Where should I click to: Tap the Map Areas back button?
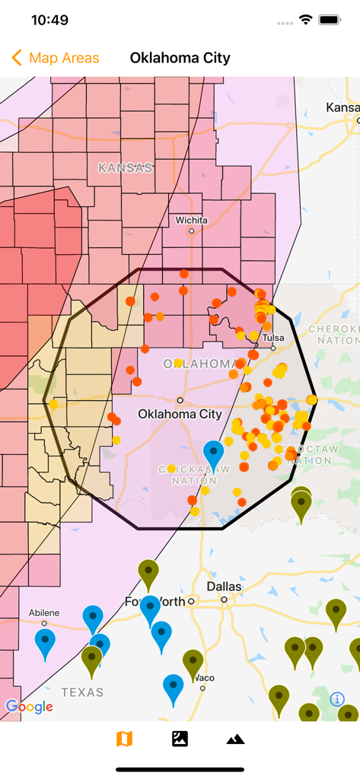[56, 58]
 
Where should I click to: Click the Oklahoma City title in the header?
[180, 58]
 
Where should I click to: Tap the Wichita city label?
[191, 221]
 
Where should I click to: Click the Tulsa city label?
[272, 338]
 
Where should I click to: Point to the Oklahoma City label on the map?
[180, 414]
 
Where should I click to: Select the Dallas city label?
[224, 587]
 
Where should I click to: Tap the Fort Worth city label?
[155, 602]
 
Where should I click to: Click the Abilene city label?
[43, 612]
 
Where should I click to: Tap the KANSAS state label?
[126, 167]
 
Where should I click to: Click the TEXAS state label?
[82, 692]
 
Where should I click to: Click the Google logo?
[30, 707]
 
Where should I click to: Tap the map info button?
[336, 699]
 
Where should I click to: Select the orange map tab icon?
[124, 739]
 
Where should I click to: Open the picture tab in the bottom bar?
[180, 739]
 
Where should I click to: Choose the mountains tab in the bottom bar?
[235, 739]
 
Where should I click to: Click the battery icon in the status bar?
[330, 20]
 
